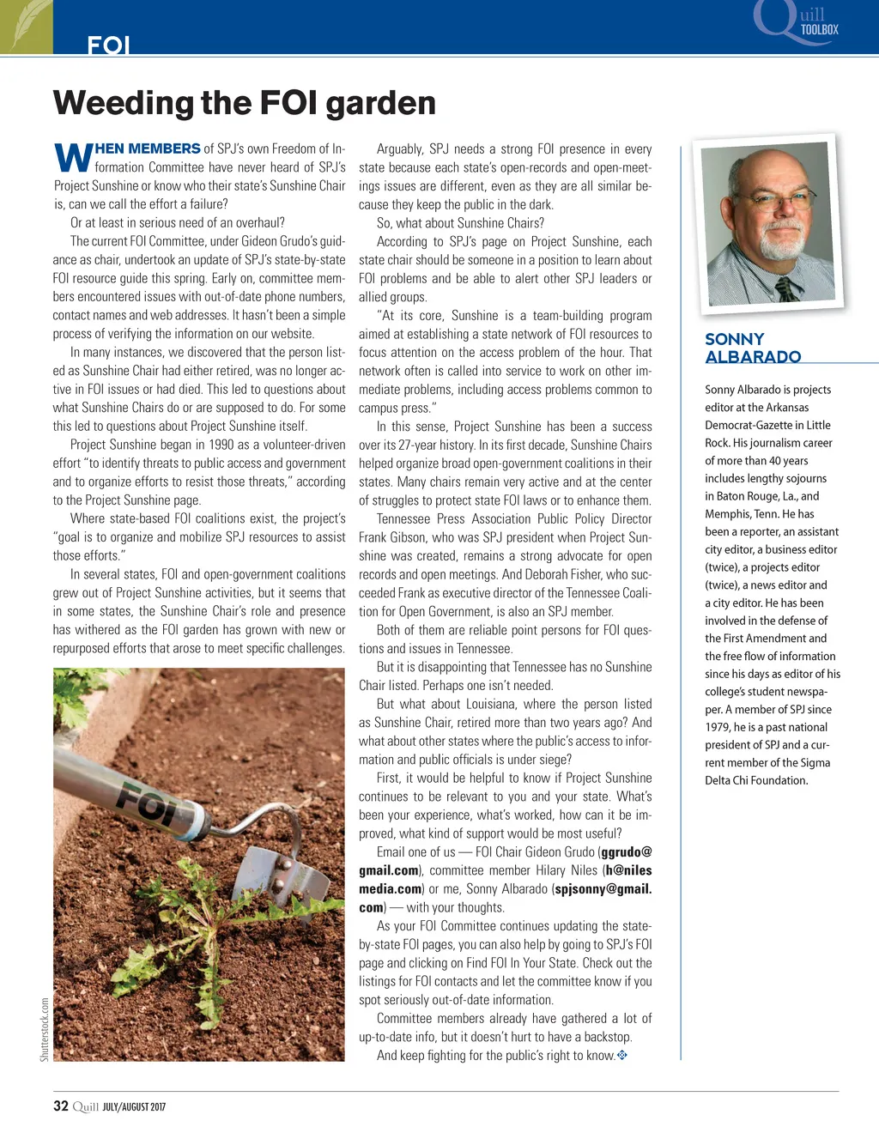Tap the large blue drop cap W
[x=73, y=157]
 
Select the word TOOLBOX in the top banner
[x=819, y=29]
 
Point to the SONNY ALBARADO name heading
[x=752, y=348]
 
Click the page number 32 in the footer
[x=61, y=1106]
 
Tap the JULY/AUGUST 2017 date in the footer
[x=134, y=1106]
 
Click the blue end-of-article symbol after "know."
[x=622, y=1055]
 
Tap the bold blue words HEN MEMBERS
[x=148, y=148]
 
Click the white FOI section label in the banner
[x=108, y=45]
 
